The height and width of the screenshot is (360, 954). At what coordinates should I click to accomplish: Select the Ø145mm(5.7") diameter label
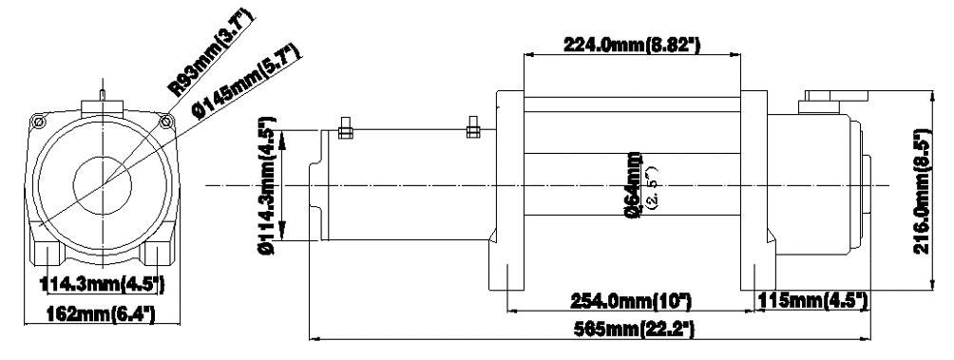click(245, 83)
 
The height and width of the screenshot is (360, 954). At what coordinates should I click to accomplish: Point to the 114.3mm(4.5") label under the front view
click(104, 283)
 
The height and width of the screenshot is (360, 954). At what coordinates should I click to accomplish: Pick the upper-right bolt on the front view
click(167, 121)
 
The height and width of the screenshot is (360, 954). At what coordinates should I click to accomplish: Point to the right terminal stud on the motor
click(471, 128)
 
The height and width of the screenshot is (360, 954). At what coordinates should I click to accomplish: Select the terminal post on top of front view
click(102, 95)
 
